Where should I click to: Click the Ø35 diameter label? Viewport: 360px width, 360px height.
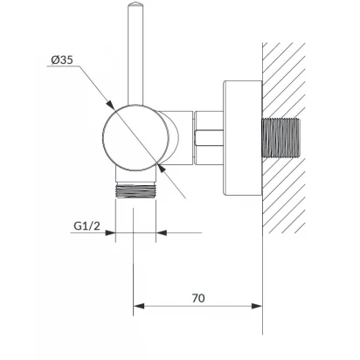point(62,60)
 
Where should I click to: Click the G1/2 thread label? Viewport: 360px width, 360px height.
point(87,225)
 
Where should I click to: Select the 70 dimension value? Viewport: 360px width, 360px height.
point(198,298)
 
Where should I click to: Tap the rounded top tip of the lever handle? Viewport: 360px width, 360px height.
point(135,3)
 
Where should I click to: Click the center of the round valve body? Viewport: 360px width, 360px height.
point(135,138)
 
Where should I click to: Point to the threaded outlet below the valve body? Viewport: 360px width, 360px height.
point(135,190)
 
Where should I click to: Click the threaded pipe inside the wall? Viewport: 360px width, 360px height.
point(281,137)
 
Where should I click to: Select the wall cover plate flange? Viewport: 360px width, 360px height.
point(243,138)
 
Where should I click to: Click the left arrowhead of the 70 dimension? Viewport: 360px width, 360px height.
point(139,306)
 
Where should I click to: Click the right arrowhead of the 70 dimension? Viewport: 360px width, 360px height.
point(257,306)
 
